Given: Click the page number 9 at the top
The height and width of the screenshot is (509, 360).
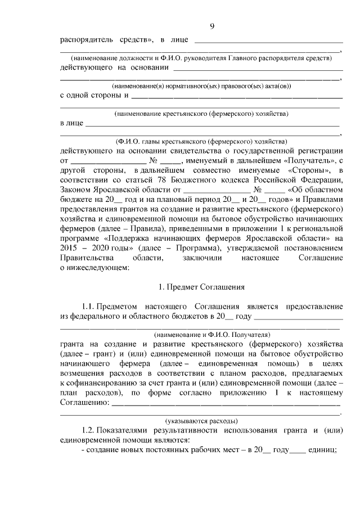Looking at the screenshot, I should pyautogui.click(x=212, y=26).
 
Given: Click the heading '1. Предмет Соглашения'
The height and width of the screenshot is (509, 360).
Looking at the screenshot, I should pyautogui.click(x=201, y=287).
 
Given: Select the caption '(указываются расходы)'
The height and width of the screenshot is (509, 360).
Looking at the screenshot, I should pyautogui.click(x=201, y=420).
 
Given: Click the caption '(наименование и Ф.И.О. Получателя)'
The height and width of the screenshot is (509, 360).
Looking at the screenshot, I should pyautogui.click(x=201, y=334).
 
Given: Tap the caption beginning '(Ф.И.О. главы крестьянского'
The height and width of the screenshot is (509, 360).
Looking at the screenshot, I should pyautogui.click(x=201, y=141).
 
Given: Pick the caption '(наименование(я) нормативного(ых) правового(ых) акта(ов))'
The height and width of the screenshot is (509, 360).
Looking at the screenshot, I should pyautogui.click(x=201, y=85).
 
